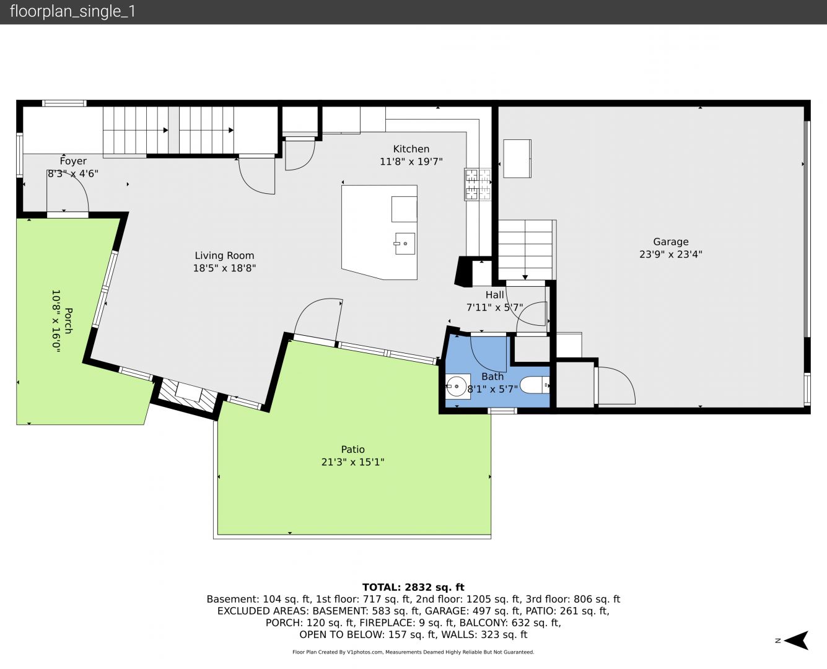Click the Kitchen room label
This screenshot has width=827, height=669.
tap(411, 149)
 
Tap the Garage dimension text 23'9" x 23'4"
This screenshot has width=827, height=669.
tap(671, 255)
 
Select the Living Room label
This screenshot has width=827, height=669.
tap(224, 255)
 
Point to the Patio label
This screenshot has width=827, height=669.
tap(353, 449)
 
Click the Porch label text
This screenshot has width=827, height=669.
tap(68, 321)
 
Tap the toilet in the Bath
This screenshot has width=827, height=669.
tap(535, 385)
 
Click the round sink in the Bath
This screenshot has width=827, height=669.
tap(457, 387)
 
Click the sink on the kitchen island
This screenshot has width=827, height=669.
tap(405, 243)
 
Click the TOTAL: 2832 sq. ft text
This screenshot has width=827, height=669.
tap(413, 587)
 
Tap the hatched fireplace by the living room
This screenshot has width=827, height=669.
tap(188, 396)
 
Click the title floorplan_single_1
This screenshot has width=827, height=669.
tap(72, 11)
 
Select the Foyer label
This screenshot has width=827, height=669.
tap(73, 161)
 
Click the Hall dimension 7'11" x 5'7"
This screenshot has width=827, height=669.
tap(494, 307)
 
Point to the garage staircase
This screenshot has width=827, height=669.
tap(525, 250)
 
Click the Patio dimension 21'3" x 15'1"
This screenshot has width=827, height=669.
tap(353, 462)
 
